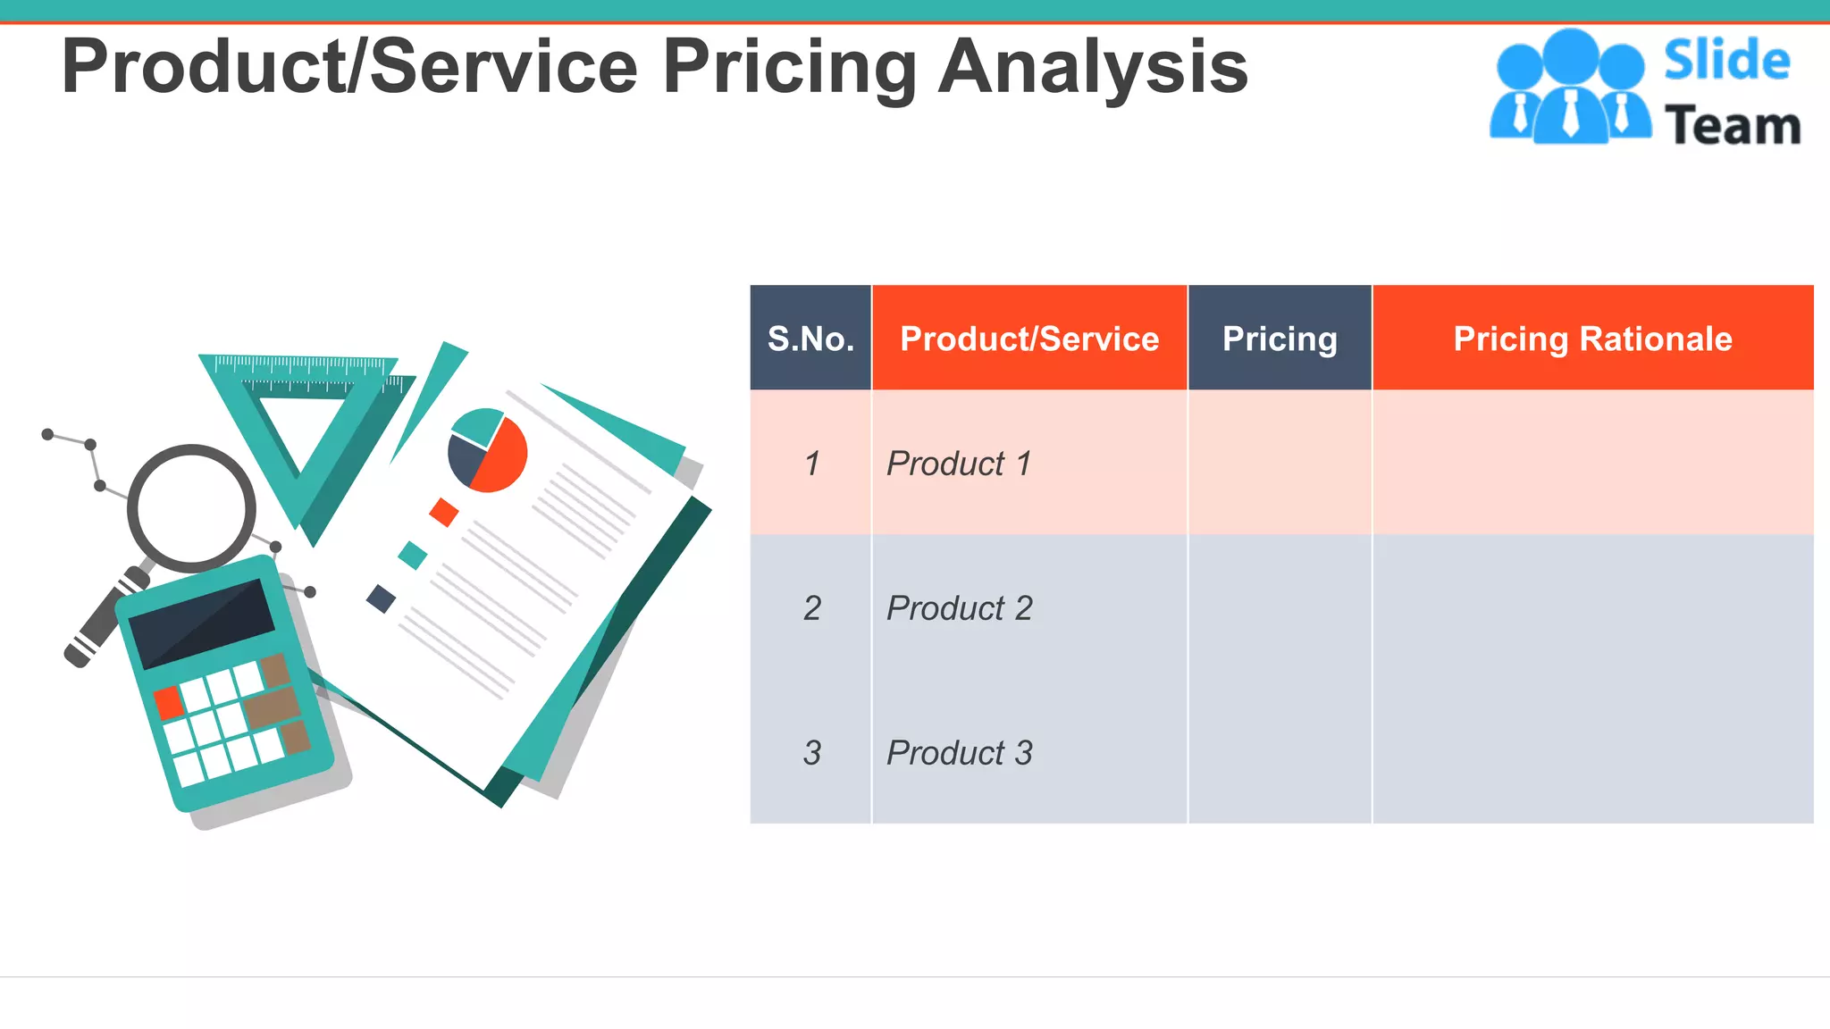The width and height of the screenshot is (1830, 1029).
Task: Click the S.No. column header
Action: coord(810,339)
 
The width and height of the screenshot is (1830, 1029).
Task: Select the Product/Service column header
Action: coord(1029,339)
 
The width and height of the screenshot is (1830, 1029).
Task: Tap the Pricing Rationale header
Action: coord(1592,339)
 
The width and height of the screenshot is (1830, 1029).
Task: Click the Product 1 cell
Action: coord(959,464)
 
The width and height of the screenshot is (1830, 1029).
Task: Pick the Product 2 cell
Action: coord(960,608)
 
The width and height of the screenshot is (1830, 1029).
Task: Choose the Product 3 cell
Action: coord(960,753)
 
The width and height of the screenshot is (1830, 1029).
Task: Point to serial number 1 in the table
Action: coord(811,464)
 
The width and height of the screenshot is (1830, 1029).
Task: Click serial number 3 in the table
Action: coord(811,753)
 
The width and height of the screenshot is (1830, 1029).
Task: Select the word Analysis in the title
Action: coord(1092,67)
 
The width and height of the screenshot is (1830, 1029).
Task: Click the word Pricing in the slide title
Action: coord(789,67)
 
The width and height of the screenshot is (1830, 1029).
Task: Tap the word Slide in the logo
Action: coord(1726,61)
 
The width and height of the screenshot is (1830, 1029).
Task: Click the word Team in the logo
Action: coord(1733,126)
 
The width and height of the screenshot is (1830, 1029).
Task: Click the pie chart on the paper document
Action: coord(488,450)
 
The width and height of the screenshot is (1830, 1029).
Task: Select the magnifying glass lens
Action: coord(191,508)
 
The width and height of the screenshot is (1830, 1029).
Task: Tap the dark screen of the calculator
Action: coord(202,622)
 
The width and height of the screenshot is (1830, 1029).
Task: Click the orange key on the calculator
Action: coord(168,702)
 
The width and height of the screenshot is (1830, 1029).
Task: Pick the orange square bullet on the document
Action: coord(444,512)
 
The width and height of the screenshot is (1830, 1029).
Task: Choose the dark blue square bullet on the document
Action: coord(382,598)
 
